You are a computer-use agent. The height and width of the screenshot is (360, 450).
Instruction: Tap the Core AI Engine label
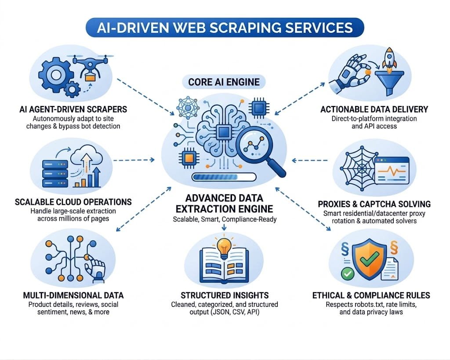(224, 82)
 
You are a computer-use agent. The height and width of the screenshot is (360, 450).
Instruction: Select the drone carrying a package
(90, 69)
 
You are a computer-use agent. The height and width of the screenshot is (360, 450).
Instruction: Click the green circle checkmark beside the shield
(347, 274)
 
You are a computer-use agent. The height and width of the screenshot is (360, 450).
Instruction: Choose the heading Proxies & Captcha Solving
(374, 204)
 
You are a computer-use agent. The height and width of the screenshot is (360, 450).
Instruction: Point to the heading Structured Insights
(225, 295)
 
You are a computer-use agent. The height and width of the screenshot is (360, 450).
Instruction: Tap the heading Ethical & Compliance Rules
(371, 295)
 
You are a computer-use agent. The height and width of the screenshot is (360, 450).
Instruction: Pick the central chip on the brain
(224, 131)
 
